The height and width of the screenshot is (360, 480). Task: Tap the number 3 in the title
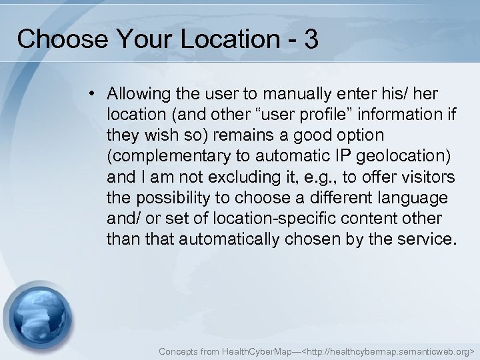click(x=310, y=39)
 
